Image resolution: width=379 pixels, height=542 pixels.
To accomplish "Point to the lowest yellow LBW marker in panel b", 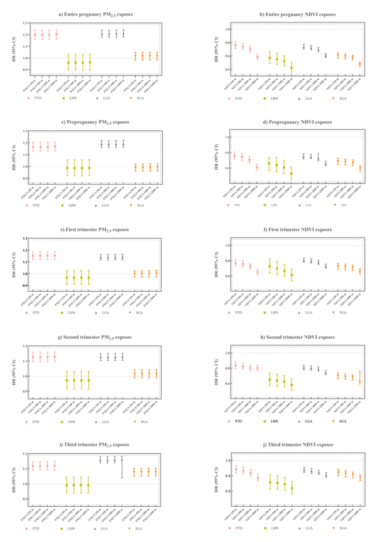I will click(291, 68).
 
